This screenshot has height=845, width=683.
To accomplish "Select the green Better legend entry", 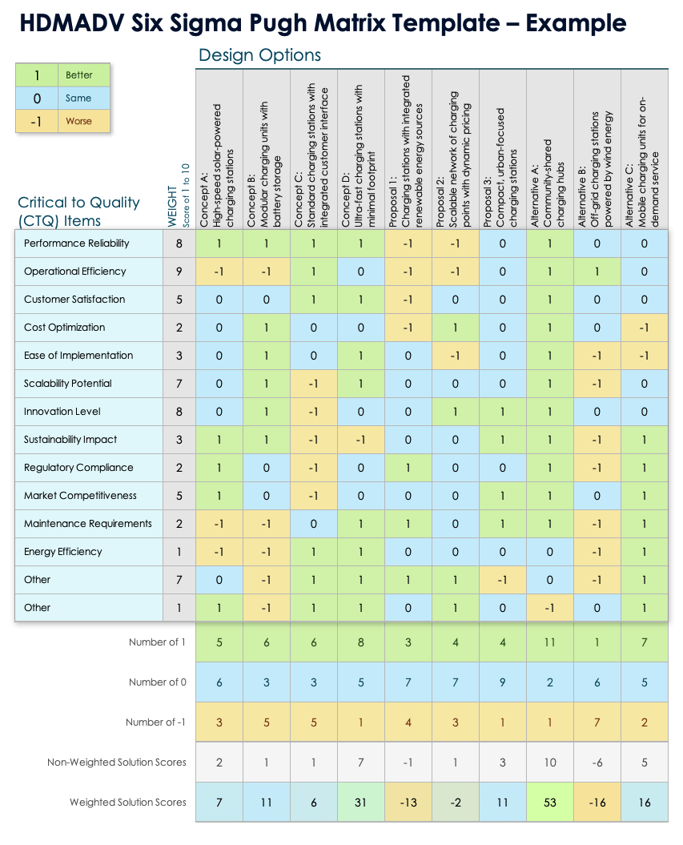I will point(78,75).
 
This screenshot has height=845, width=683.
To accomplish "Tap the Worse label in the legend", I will point(78,122).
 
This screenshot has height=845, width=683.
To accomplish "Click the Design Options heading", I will point(259,55).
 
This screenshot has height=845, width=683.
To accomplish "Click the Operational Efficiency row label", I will point(74,272).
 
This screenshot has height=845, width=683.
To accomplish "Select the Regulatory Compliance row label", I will point(78,468).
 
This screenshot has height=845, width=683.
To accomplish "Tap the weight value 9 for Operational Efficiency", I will point(179,272).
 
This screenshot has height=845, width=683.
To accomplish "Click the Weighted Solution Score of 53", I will point(550,802).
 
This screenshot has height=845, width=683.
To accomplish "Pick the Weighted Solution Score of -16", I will point(597,802).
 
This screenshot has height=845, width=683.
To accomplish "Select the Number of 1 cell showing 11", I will point(550,642).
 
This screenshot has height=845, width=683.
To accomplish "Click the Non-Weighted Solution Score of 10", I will point(550,763).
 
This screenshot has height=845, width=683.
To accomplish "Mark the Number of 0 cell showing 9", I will point(503,682).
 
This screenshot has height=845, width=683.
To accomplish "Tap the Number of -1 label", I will point(155,722).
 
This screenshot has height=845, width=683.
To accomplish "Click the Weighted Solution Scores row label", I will point(127,802).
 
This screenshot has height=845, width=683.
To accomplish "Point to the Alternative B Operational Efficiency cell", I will point(597,272).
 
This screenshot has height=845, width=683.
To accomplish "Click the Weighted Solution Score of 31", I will point(361,802).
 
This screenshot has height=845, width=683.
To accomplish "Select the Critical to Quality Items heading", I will point(78,211).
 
